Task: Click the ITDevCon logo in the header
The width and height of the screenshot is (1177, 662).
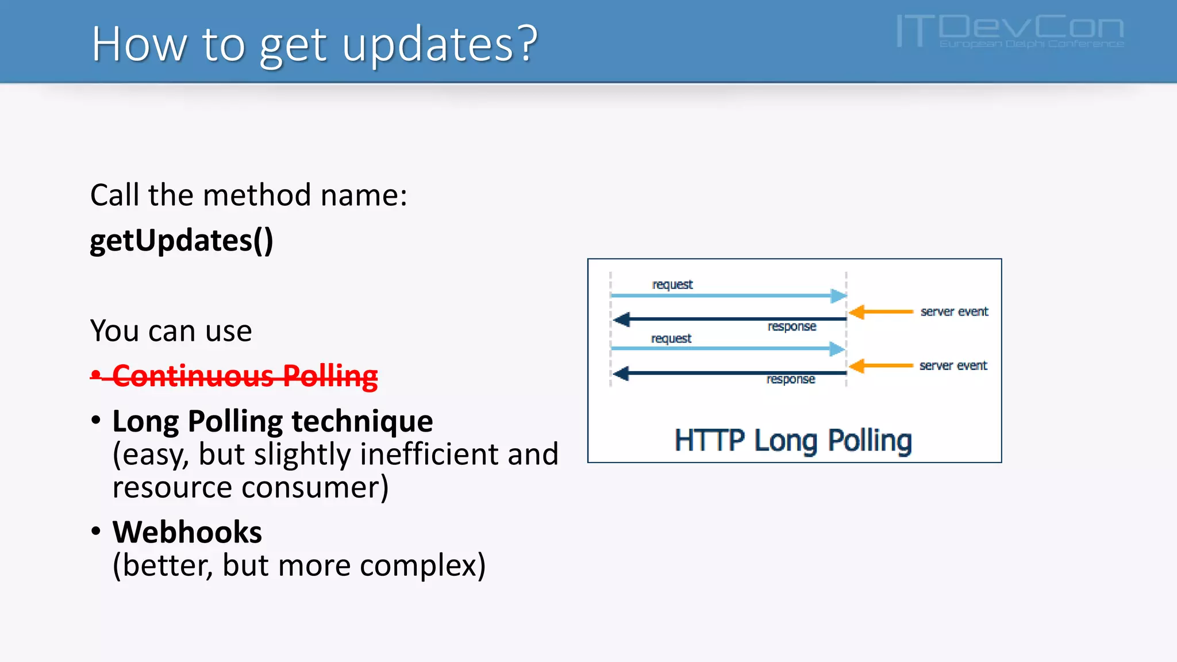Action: point(1010,31)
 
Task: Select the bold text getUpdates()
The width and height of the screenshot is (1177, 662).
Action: point(182,240)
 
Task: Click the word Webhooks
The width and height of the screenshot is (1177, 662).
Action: point(187,532)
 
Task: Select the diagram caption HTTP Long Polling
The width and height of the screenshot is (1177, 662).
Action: point(793,441)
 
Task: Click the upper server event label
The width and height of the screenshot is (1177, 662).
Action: point(954,311)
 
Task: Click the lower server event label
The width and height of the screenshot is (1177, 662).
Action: point(953,365)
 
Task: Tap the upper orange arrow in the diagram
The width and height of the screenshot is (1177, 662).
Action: point(880,312)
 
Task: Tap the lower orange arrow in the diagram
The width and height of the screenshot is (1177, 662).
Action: point(880,366)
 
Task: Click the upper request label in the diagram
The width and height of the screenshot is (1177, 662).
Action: point(672,284)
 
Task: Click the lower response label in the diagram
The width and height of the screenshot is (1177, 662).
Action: point(791,379)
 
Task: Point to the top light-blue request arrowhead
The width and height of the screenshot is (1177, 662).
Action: point(838,296)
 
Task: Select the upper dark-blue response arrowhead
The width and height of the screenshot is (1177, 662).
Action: point(621,319)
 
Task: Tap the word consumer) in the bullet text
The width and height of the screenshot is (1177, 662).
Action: point(315,487)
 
